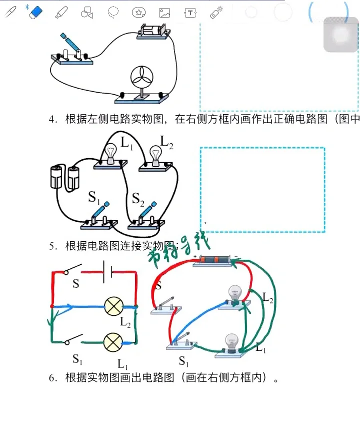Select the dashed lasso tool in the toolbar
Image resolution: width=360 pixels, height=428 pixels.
(113, 12)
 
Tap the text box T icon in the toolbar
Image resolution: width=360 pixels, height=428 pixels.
(190, 13)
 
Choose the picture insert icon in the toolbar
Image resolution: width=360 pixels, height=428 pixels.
(164, 13)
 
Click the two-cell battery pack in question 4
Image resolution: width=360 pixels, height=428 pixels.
(65, 178)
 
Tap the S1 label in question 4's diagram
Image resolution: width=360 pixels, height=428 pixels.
(94, 197)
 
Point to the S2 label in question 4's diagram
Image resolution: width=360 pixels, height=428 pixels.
(137, 199)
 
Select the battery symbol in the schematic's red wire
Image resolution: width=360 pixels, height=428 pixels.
(106, 272)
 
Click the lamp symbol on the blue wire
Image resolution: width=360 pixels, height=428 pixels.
(113, 306)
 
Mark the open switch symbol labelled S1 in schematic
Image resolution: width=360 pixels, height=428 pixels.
(74, 340)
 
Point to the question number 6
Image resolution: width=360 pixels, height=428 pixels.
(52, 378)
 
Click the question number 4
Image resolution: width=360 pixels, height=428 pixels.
(52, 119)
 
